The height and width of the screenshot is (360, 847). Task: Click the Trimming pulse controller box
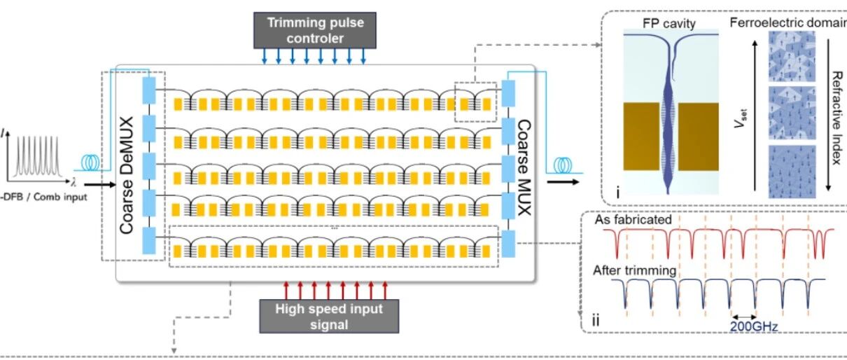click(314, 30)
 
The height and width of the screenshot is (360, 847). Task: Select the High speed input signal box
click(329, 317)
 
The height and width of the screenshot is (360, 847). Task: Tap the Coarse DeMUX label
click(126, 175)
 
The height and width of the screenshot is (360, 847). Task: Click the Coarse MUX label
click(524, 167)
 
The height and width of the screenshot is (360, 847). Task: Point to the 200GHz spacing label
click(754, 326)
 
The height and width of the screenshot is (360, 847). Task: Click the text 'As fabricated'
click(633, 220)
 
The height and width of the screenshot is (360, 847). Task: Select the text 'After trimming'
click(634, 270)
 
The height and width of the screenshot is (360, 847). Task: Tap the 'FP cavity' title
click(669, 23)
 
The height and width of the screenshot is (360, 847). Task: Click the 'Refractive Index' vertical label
click(836, 118)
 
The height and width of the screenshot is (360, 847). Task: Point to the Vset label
click(741, 118)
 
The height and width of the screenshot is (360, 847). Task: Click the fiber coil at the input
click(90, 162)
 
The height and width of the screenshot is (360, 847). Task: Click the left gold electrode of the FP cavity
click(641, 137)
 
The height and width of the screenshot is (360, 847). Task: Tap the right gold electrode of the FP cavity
click(699, 137)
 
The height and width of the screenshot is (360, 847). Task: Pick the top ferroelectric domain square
click(792, 56)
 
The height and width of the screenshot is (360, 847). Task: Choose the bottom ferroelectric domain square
click(792, 172)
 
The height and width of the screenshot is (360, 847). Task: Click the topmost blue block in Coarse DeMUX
click(149, 90)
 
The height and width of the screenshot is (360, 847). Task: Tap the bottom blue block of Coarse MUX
click(508, 244)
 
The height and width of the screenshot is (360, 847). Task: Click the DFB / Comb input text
click(44, 197)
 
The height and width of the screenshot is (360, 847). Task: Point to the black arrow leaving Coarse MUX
click(563, 182)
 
